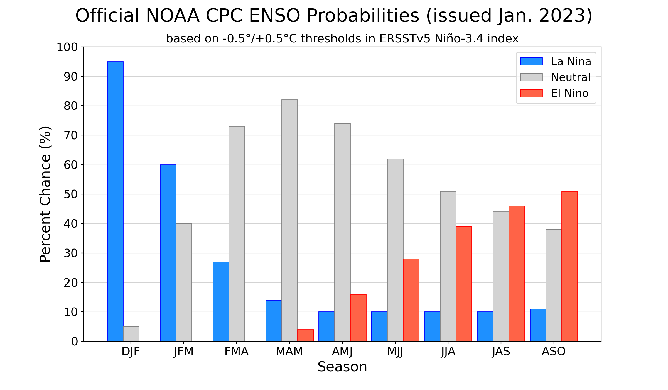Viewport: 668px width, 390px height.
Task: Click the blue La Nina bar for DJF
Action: [115, 201]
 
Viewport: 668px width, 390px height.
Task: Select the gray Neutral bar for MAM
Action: [289, 220]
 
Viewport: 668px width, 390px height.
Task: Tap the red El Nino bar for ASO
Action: [569, 266]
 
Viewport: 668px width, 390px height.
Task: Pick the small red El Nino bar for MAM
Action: [305, 335]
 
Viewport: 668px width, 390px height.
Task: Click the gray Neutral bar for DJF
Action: [131, 334]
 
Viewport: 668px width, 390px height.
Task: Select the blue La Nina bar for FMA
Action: [221, 301]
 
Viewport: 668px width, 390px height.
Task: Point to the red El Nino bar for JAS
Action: [517, 274]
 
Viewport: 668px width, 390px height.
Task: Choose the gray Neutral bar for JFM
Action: [184, 282]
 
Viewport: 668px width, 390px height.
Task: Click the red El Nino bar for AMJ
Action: [358, 318]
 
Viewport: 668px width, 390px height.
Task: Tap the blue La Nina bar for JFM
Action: [168, 253]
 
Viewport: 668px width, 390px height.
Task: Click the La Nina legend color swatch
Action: [531, 61]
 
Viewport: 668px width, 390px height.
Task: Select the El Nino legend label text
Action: [569, 93]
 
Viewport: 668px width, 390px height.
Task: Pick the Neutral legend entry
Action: [571, 77]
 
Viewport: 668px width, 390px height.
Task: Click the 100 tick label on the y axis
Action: [67, 47]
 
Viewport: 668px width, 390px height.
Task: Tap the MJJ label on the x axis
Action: [395, 352]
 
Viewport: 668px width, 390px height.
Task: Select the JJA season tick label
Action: [448, 352]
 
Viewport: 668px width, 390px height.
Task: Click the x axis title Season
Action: [342, 367]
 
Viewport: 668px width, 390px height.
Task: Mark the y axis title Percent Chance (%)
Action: [45, 194]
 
